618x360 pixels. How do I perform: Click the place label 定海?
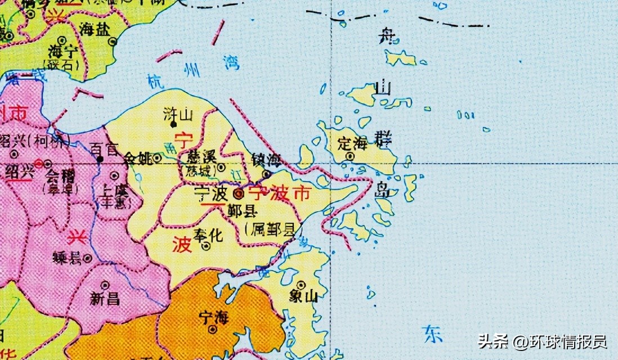(352, 143)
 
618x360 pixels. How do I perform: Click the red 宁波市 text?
(279, 193)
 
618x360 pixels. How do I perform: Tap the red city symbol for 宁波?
(239, 195)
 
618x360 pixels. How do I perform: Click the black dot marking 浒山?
(174, 125)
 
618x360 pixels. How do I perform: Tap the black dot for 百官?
(100, 159)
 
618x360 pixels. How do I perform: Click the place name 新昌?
(105, 299)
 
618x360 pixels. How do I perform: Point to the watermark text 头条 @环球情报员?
(542, 341)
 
